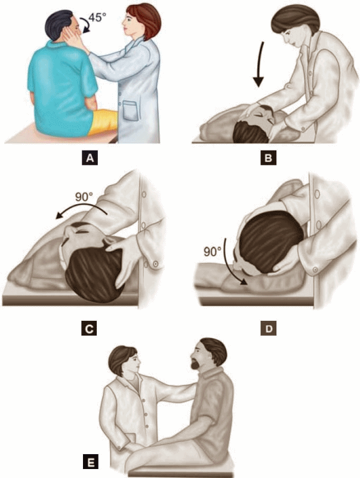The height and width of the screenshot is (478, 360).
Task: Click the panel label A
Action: [x=90, y=158]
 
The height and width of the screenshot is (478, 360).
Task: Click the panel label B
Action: [x=268, y=158]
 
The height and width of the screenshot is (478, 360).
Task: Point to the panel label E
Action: [x=91, y=461]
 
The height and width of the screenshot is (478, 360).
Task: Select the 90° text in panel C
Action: [x=84, y=197]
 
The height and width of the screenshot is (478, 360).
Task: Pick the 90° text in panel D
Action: [x=213, y=252]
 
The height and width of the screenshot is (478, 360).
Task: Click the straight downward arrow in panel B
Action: [x=260, y=65]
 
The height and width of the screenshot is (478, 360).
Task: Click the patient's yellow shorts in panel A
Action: [x=103, y=122]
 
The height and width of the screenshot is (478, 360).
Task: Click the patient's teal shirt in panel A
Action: [x=61, y=85]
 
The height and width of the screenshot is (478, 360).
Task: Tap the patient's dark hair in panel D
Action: [x=269, y=241]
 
